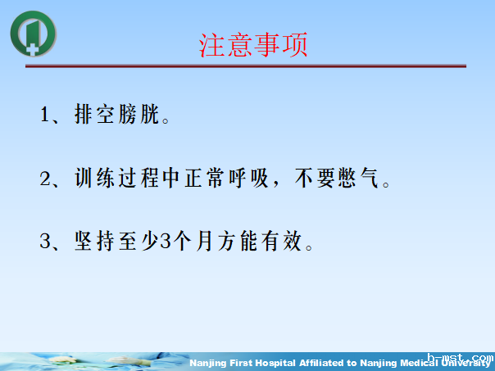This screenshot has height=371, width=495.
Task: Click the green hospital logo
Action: coord(34,33)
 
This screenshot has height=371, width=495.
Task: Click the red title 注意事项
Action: coord(253,44)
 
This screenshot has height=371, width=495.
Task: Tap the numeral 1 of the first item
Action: coord(46,114)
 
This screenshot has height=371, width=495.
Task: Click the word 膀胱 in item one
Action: coord(140,114)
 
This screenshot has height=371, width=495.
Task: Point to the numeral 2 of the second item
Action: coord(46,178)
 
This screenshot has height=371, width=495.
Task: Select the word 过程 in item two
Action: coord(140,178)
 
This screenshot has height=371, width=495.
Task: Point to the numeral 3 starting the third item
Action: coord(46,242)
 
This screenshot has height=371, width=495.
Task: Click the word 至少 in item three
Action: coord(140,242)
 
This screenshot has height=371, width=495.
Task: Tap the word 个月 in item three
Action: coord(196,242)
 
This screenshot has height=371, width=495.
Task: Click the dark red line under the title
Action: coord(246,66)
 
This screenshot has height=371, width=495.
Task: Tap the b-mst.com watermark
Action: coord(463,358)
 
